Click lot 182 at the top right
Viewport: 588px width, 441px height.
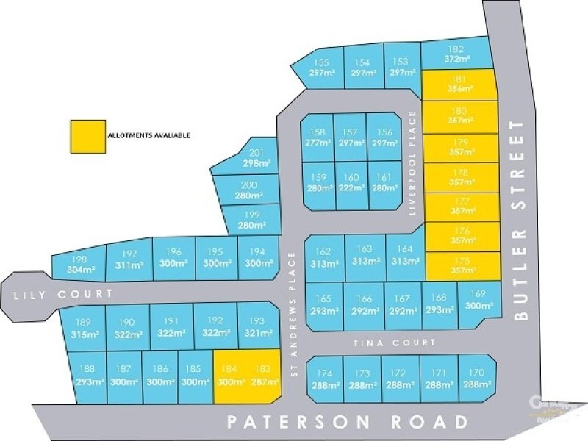point(456,54)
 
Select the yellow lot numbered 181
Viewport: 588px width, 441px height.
point(460,85)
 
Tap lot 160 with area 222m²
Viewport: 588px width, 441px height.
point(351,183)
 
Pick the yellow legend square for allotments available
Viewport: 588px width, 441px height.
point(86,137)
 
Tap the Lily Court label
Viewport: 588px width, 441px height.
point(63,294)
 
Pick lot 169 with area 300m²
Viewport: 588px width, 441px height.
point(478,301)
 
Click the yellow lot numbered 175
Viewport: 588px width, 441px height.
point(462,265)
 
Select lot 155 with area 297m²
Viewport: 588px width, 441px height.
point(321,68)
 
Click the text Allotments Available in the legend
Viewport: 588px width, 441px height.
point(148,135)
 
